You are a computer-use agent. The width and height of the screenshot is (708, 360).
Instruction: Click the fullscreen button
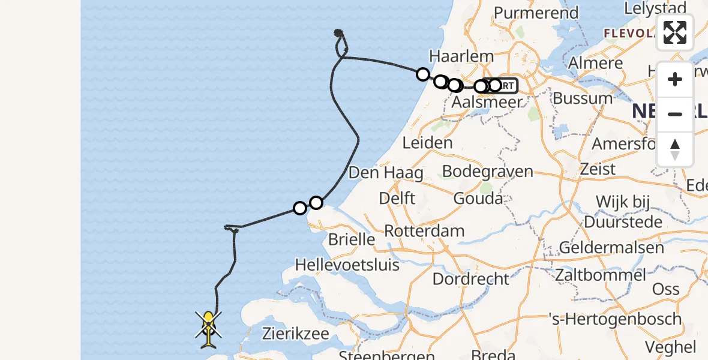[x=675, y=32]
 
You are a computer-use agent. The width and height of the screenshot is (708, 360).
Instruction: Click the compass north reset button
[x=675, y=149]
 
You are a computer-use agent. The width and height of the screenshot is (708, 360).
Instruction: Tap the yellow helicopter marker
[x=208, y=328]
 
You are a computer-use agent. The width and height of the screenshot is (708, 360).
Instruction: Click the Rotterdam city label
[x=424, y=231]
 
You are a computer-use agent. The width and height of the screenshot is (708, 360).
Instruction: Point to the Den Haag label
[x=386, y=173]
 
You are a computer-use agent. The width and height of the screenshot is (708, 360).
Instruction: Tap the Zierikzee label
[x=293, y=332]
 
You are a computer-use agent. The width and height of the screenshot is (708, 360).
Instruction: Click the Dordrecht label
[x=470, y=278]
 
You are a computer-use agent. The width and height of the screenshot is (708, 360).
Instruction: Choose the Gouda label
[x=478, y=198]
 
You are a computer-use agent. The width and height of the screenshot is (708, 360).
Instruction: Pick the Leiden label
[x=427, y=143]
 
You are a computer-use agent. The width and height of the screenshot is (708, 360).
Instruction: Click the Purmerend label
[x=536, y=13]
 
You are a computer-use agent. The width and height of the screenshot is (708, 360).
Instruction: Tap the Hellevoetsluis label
[x=347, y=263]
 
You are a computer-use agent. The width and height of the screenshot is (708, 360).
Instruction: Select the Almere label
[x=595, y=63]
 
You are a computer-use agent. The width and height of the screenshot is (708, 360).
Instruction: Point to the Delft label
[x=397, y=198]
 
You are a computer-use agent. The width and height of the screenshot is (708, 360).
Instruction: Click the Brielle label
[x=352, y=239]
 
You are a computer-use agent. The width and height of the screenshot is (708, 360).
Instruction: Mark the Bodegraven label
[x=487, y=172]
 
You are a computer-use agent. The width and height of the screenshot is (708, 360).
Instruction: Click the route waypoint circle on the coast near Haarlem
[x=423, y=74]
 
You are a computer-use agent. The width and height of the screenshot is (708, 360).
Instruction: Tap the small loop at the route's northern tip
[x=340, y=40]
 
